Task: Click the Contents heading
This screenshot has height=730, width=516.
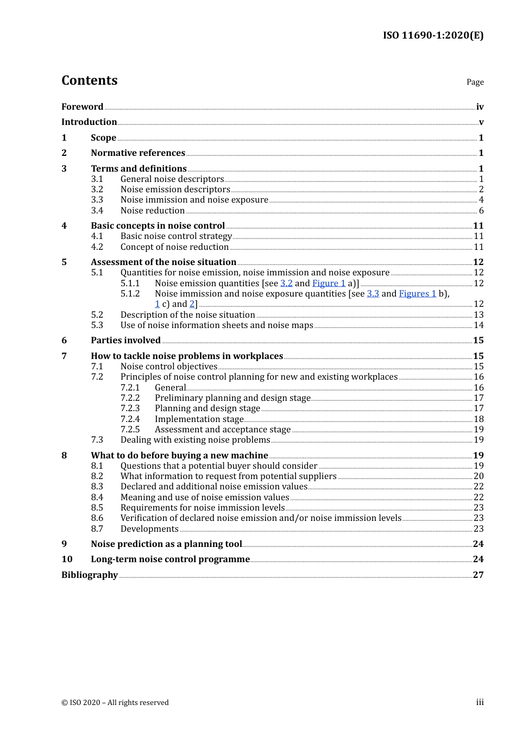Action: (89, 80)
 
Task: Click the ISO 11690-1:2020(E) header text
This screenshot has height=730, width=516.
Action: (433, 35)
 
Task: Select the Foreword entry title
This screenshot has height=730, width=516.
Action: (82, 107)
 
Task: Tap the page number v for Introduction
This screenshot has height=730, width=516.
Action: (481, 122)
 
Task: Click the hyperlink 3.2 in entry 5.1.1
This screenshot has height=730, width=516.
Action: (286, 284)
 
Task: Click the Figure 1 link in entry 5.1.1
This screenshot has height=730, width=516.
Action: (329, 284)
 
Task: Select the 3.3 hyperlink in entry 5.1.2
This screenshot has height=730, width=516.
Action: (373, 294)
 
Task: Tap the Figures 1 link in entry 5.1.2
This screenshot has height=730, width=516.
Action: (417, 294)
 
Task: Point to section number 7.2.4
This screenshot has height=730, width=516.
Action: (130, 419)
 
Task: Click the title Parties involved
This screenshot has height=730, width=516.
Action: (125, 341)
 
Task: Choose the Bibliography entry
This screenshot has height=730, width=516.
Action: (90, 575)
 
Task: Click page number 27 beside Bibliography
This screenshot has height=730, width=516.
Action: (478, 575)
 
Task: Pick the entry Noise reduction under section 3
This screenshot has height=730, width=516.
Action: (153, 211)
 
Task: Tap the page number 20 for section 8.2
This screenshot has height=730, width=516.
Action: (479, 476)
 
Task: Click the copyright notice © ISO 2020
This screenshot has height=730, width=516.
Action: (115, 703)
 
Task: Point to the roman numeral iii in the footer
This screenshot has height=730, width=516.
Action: (480, 702)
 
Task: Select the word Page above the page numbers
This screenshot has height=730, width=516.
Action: (475, 82)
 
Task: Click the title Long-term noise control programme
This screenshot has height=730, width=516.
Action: (170, 559)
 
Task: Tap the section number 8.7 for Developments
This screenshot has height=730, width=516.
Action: (97, 529)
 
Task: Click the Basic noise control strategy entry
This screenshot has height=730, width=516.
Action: (176, 236)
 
